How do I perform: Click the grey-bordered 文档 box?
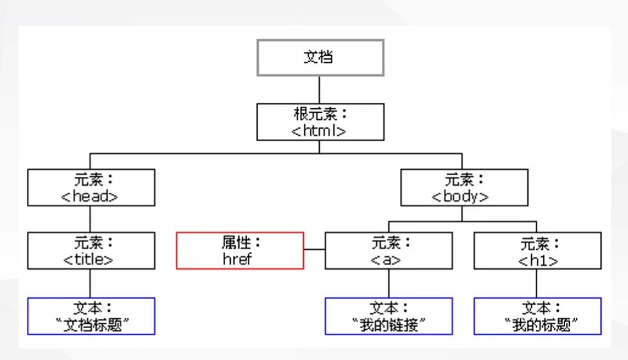[320, 58]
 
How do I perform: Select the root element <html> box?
[320, 122]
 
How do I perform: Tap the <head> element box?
[90, 187]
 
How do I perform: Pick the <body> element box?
[463, 187]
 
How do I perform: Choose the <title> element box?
[90, 250]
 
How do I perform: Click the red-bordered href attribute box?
[240, 250]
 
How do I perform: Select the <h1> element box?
[537, 250]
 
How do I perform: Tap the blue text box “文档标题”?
[90, 316]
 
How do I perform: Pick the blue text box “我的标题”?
[537, 316]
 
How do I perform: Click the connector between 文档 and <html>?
[320, 90]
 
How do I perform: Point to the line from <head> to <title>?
[90, 219]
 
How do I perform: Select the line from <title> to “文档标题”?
[90, 283]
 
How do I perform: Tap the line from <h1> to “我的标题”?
[537, 283]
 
